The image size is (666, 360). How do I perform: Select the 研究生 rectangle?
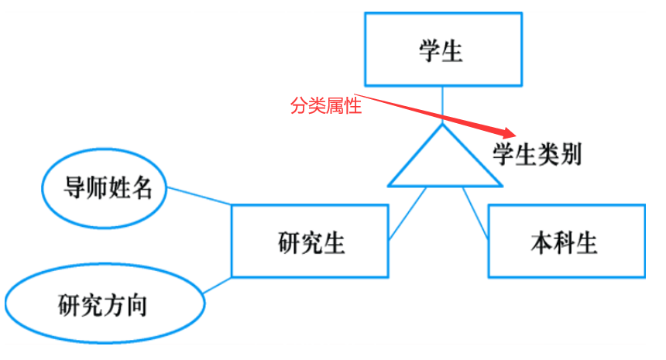(310, 242)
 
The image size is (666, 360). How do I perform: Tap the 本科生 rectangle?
(565, 242)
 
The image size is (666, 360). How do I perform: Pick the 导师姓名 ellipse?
(104, 188)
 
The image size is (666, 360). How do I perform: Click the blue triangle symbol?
(444, 163)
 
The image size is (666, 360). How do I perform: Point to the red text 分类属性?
(326, 106)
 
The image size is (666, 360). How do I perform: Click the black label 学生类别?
(537, 155)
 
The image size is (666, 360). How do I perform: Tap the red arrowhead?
(505, 132)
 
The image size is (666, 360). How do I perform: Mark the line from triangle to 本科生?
(475, 212)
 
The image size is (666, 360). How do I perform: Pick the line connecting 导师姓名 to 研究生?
(199, 196)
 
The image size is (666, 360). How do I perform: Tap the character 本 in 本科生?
(541, 244)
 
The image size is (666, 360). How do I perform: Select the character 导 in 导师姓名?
(74, 188)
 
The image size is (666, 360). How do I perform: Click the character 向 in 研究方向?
(137, 305)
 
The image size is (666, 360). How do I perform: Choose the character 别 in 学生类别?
(571, 155)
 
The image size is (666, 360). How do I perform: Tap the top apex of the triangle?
(444, 125)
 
